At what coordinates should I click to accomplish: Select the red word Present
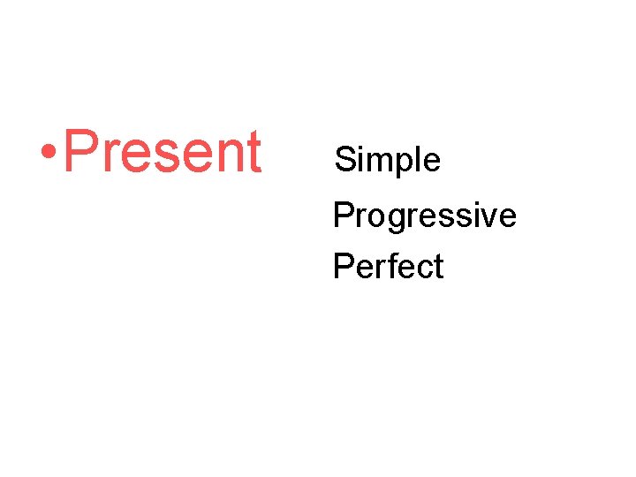[x=163, y=152]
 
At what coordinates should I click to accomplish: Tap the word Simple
[x=387, y=160]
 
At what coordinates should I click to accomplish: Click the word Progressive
[x=424, y=215]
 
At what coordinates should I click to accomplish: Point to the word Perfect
[x=388, y=266]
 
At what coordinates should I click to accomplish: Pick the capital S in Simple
[x=344, y=160]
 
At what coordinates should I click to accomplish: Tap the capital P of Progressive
[x=341, y=215]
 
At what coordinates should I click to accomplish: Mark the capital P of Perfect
[x=341, y=266]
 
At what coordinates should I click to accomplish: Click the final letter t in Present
[x=253, y=153]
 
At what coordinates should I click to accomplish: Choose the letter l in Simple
[x=420, y=160]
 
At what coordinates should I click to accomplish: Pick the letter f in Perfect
[x=390, y=265]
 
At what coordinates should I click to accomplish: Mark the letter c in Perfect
[x=421, y=269]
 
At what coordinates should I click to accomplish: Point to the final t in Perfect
[x=437, y=267]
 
